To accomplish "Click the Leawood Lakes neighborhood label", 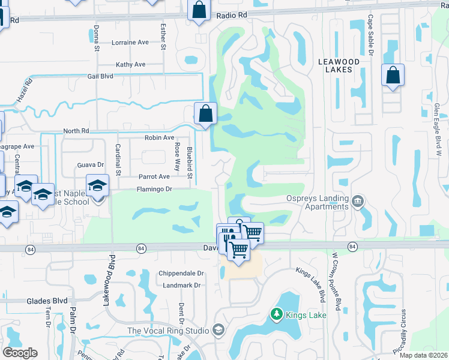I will click(339, 65).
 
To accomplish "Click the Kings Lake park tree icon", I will click(276, 314).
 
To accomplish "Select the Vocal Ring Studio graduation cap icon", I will click(218, 330).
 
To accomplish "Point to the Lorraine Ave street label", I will click(130, 43).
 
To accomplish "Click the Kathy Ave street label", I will click(131, 64).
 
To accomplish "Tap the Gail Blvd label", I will click(100, 76).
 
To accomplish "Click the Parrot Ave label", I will click(154, 176).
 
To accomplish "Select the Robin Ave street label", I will click(159, 137).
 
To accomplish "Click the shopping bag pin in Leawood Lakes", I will click(393, 76).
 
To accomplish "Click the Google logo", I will click(20, 353).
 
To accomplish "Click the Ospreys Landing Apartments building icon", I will click(358, 199).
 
